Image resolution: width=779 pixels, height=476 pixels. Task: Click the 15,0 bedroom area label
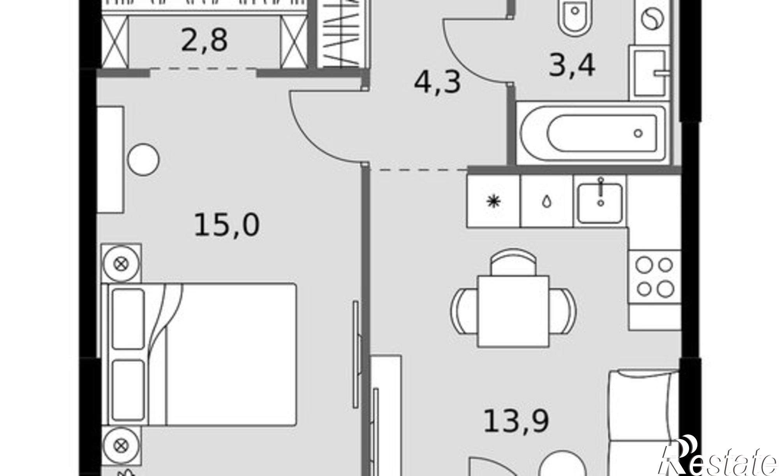(226, 226)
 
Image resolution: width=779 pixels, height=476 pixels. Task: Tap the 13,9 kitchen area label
(516, 421)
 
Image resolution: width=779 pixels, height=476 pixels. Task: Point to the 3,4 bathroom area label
(572, 66)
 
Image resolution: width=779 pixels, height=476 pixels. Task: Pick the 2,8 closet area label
(204, 40)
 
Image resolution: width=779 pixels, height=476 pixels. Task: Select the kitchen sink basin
(600, 203)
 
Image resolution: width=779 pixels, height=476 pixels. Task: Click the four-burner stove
(655, 277)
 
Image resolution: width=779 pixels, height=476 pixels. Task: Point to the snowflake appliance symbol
(493, 202)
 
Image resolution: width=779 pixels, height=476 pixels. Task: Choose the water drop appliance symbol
(547, 202)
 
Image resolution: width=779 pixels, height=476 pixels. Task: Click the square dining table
(514, 311)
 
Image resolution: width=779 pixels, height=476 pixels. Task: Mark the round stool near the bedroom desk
(144, 160)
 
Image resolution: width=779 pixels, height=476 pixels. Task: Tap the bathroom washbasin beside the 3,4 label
(650, 73)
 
